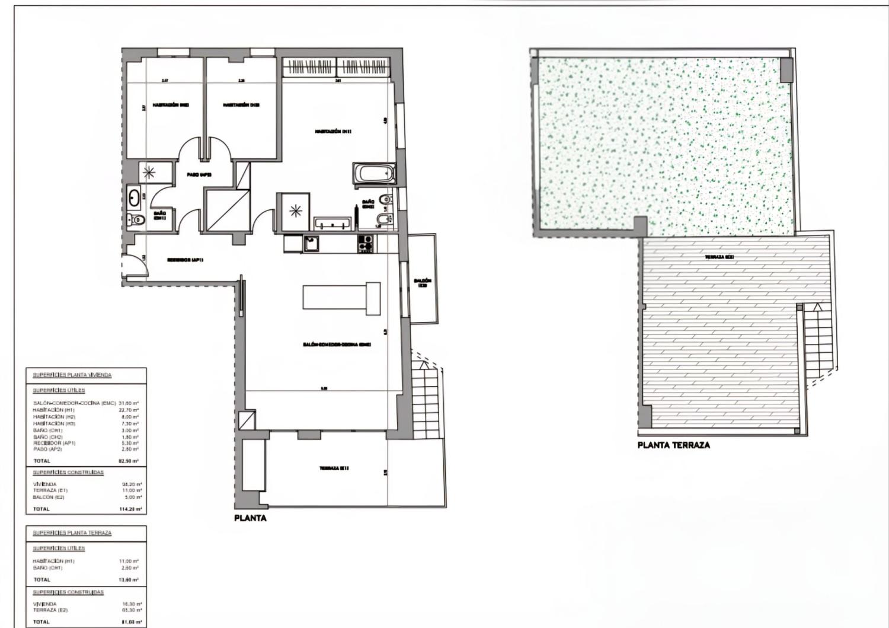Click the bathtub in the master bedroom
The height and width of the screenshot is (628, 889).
(373, 174)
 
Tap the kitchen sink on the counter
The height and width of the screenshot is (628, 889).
(311, 243)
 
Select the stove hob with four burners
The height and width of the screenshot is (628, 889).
(365, 243)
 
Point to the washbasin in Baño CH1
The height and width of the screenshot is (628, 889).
(134, 196)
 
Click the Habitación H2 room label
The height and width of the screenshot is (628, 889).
(170, 105)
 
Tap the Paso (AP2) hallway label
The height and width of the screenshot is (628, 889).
(199, 174)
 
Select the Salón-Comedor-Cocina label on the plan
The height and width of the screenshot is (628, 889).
(337, 345)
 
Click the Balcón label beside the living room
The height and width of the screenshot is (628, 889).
(423, 282)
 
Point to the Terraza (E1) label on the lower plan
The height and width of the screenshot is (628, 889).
(334, 468)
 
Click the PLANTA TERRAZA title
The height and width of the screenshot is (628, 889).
(673, 445)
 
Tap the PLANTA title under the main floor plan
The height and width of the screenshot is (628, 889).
(250, 518)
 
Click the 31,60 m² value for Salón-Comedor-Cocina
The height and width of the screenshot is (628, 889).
(129, 403)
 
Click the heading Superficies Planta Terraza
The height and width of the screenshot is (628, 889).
(72, 533)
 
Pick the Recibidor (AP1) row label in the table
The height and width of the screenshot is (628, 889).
(55, 443)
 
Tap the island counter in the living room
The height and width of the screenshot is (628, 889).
(341, 297)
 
